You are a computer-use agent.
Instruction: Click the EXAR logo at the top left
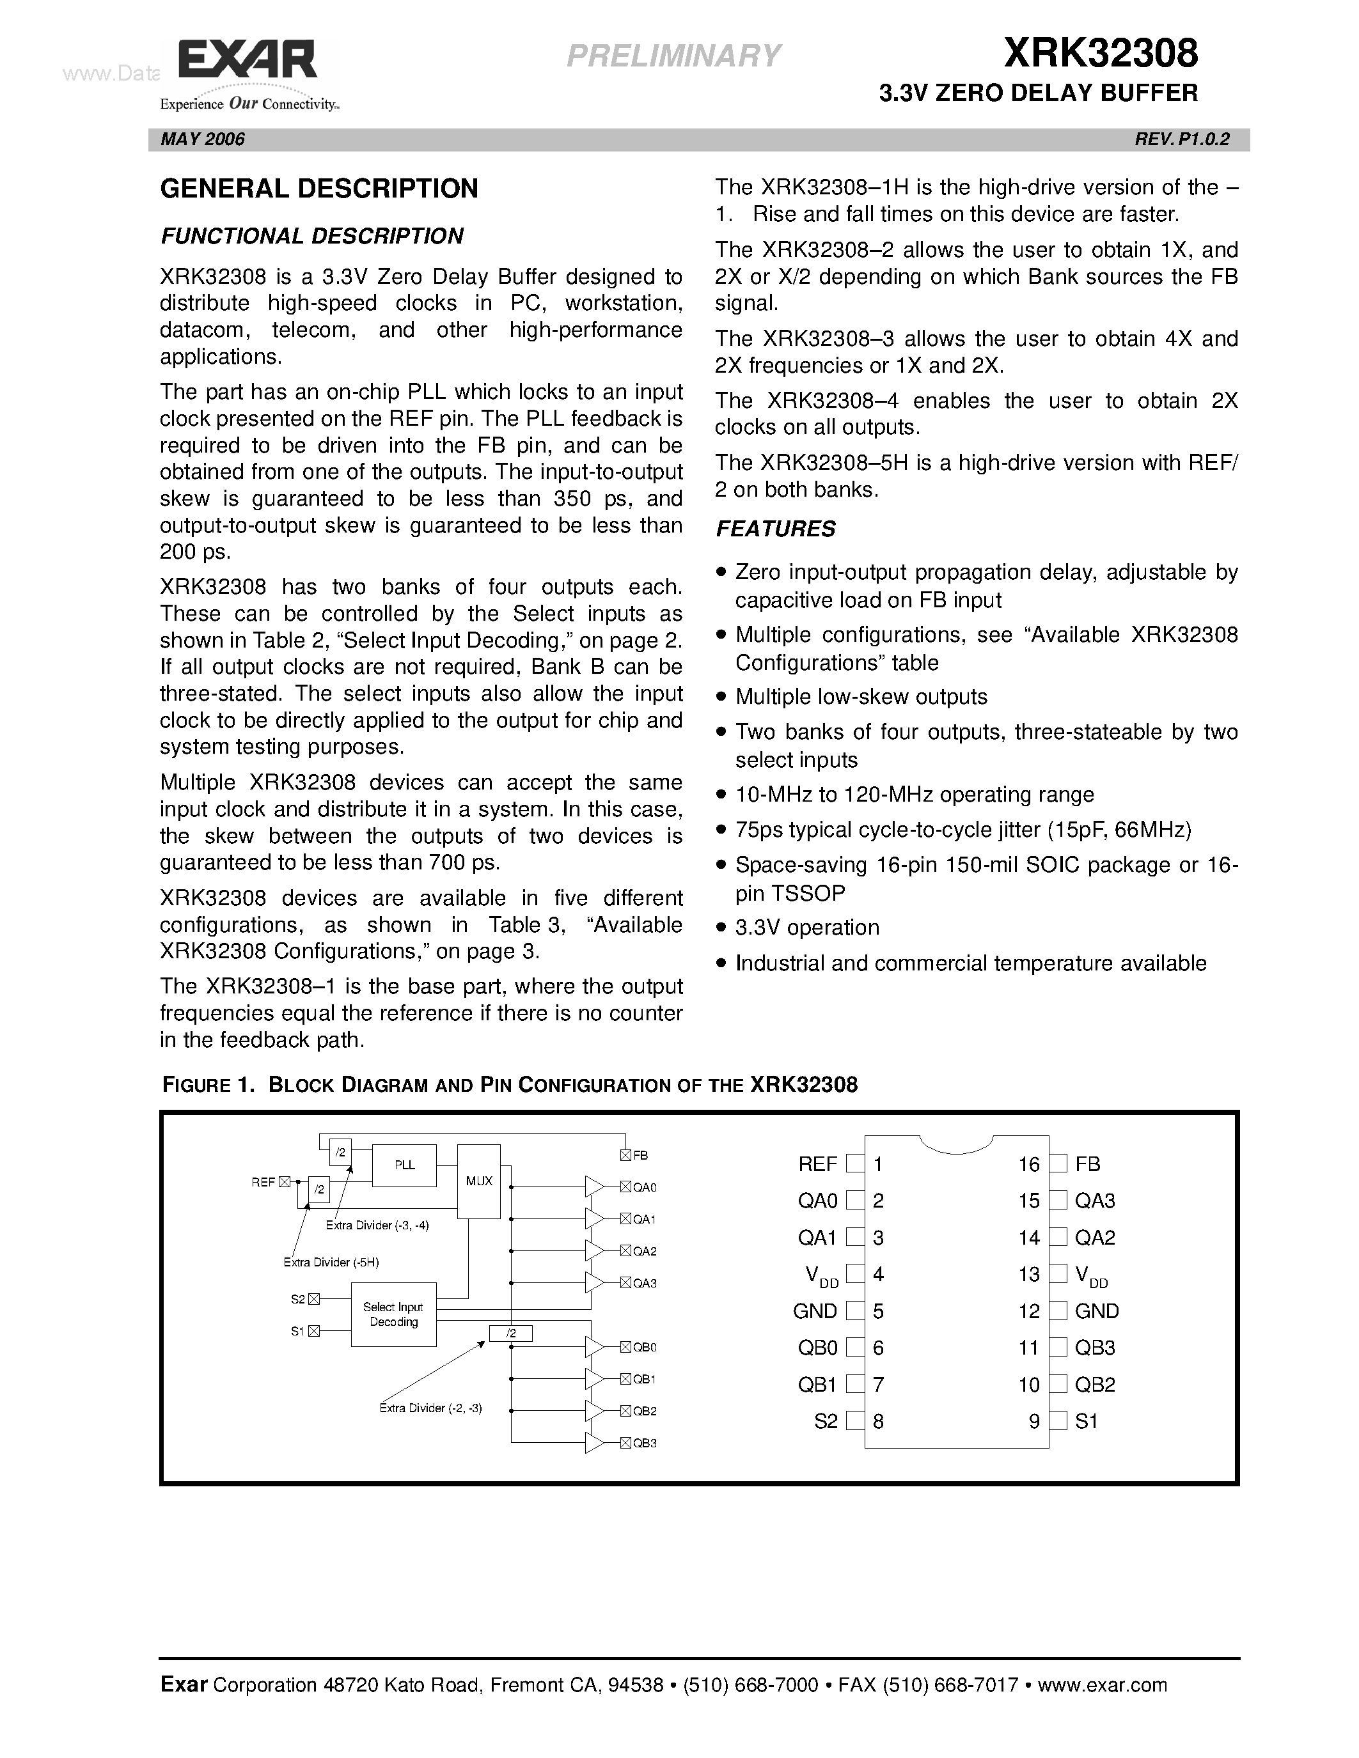tap(247, 63)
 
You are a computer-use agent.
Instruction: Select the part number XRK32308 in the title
tap(1101, 54)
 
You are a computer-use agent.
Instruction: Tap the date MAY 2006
tap(203, 139)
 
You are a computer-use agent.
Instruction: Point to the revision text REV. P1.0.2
tap(1181, 139)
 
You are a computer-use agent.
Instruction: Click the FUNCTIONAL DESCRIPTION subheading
tap(312, 236)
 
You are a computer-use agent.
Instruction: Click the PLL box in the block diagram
tap(404, 1165)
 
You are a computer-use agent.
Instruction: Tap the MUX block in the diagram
tap(479, 1181)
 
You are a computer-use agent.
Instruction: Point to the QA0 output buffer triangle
tap(594, 1186)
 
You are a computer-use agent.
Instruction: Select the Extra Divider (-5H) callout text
tap(331, 1262)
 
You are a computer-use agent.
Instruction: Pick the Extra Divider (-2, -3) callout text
tap(431, 1408)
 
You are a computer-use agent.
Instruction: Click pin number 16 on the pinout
tap(1028, 1164)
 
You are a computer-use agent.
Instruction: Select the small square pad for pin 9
tap(1060, 1420)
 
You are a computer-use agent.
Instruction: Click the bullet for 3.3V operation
tap(722, 928)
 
